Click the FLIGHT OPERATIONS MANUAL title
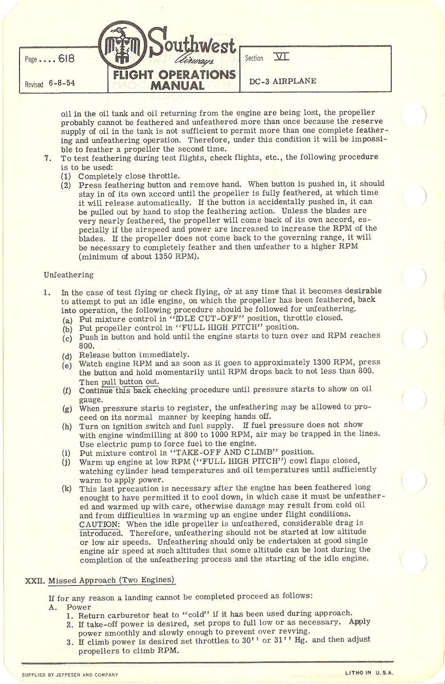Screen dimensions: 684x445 point(174,79)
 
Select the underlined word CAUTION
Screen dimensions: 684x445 point(99,524)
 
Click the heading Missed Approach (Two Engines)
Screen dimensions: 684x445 point(112,580)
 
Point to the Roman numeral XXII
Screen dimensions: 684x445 point(34,580)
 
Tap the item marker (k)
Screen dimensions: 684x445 point(67,489)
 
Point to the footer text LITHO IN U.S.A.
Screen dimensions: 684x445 point(369,673)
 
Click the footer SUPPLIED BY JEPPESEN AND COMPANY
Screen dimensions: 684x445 point(70,675)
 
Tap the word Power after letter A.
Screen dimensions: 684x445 point(79,607)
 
